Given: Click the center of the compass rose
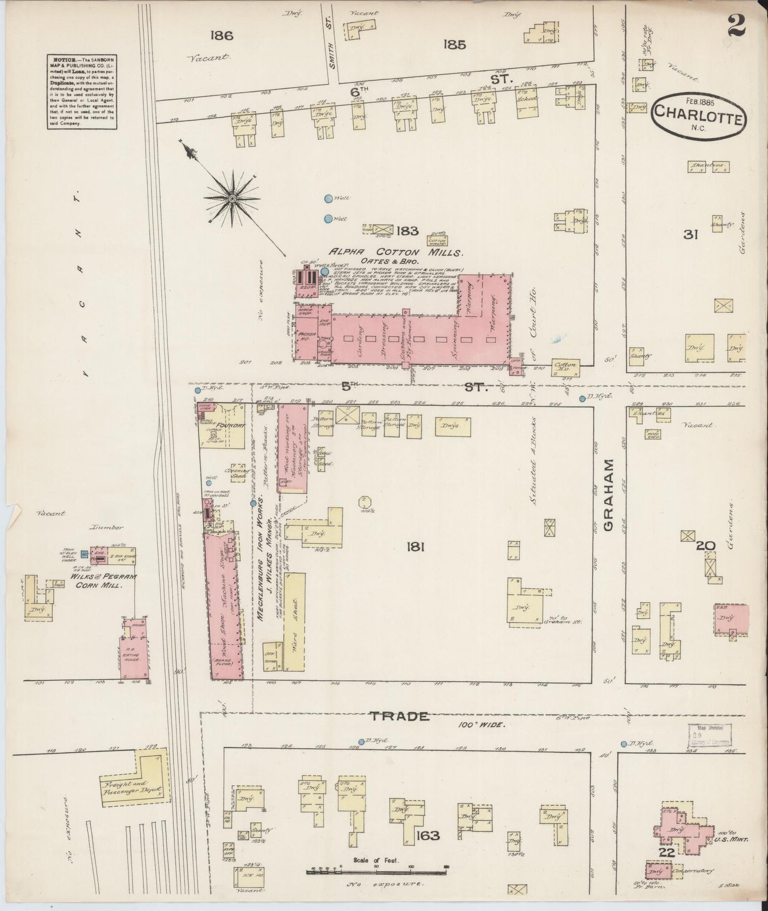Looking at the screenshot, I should pyautogui.click(x=232, y=199).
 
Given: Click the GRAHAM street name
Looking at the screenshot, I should pyautogui.click(x=610, y=495).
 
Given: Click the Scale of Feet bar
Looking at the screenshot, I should pyautogui.click(x=376, y=872).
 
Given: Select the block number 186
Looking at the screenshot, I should pyautogui.click(x=222, y=36).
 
